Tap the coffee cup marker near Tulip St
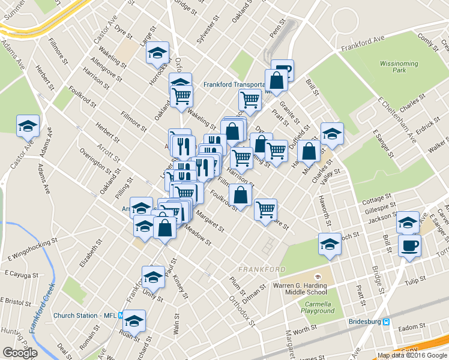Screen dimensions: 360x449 409,245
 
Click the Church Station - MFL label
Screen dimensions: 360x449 86,316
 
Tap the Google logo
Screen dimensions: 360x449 20,353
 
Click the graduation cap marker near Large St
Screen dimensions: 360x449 158,53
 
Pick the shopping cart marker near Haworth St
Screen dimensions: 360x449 265,209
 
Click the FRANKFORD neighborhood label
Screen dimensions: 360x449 262,269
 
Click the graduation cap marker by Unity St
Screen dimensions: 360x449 153,278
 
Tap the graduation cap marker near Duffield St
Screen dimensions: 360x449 331,134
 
